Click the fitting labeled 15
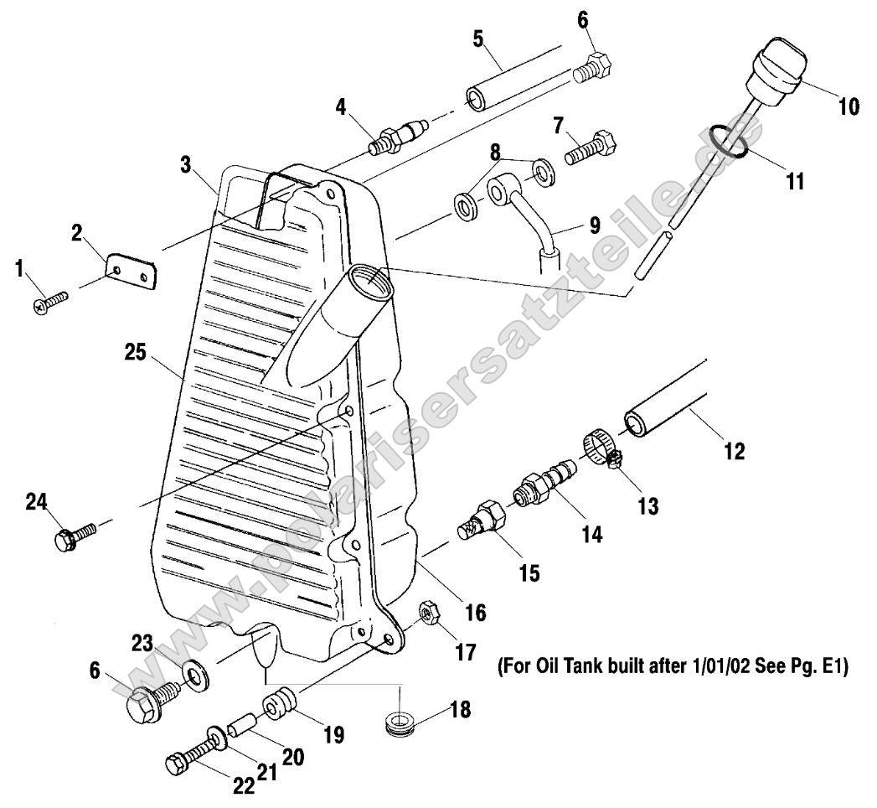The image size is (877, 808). [483, 520]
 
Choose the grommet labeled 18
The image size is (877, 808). [400, 721]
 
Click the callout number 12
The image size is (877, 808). [734, 452]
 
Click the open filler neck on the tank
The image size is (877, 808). [368, 277]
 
